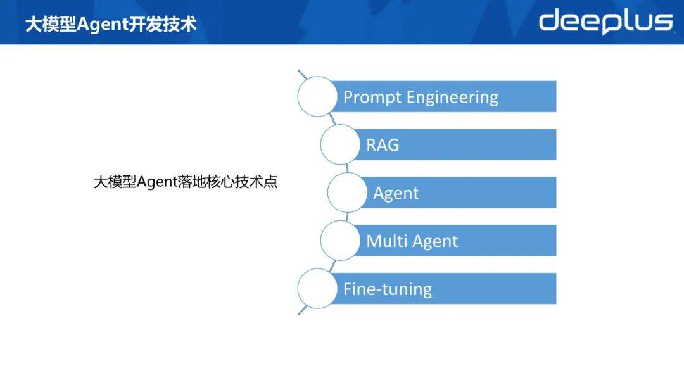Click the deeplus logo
[606, 22]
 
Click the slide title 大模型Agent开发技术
[111, 24]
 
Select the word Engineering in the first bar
[452, 98]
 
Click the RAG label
[383, 145]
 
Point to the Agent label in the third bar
[396, 194]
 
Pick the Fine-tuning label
[388, 289]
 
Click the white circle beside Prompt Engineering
[317, 96]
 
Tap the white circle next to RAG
[340, 144]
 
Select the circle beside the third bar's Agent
[347, 192]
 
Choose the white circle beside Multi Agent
[340, 240]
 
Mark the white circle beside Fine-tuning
[317, 288]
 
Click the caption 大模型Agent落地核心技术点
[186, 182]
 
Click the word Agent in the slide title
[101, 25]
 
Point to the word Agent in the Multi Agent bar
[435, 241]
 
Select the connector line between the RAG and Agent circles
[347, 168]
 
